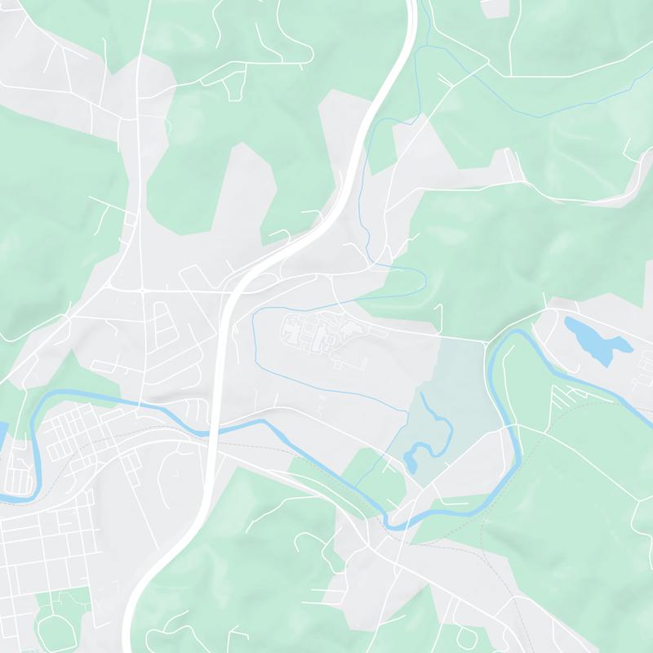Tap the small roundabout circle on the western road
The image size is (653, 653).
pyautogui.click(x=142, y=290)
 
